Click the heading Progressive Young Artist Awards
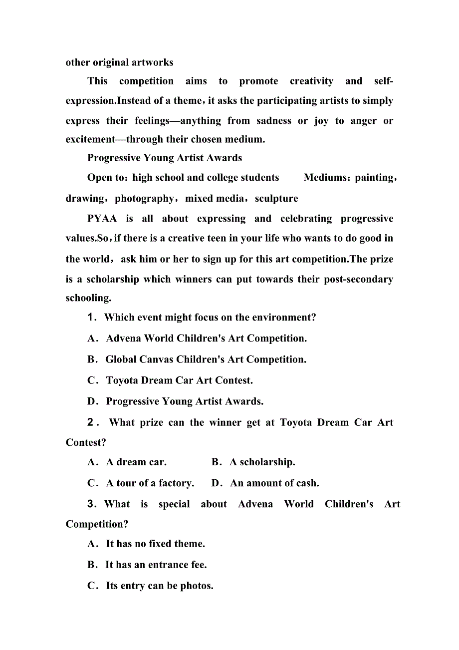pyautogui.click(x=165, y=158)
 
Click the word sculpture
pyautogui.click(x=276, y=198)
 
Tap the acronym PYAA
pyautogui.click(x=102, y=218)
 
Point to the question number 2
pyautogui.click(x=91, y=422)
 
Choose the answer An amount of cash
pyautogui.click(x=274, y=483)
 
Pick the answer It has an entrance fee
pyautogui.click(x=156, y=565)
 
